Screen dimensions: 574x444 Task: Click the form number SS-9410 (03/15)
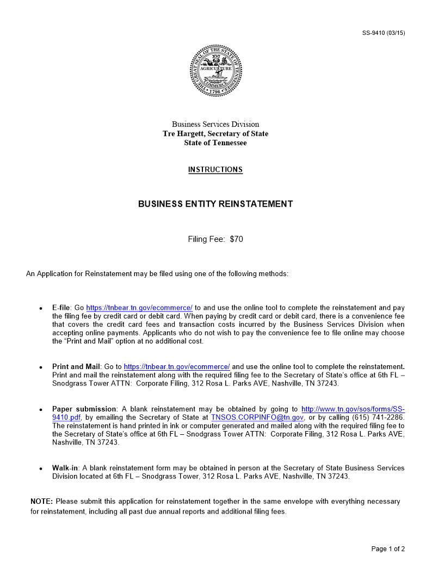pos(384,33)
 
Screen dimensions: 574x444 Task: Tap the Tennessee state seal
pos(216,71)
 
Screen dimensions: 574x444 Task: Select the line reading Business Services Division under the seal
pos(215,124)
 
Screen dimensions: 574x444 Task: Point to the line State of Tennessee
pos(215,143)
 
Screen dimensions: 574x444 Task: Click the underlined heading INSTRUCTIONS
pos(215,170)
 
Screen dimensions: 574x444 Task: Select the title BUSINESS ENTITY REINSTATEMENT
pos(215,204)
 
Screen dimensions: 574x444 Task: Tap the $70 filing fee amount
pos(236,239)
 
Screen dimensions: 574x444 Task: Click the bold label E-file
pos(61,308)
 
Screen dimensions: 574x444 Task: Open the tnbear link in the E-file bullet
pos(139,308)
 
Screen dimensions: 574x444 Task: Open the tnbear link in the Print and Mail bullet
pos(177,366)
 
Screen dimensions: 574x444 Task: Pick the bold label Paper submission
pos(84,409)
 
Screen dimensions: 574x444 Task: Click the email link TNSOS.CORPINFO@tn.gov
pos(257,417)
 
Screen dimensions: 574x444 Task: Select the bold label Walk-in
pos(65,468)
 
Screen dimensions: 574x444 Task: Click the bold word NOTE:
pos(41,501)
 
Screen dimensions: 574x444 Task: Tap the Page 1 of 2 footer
pos(388,549)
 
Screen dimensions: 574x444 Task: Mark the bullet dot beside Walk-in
pos(41,469)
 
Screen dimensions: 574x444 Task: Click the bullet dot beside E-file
pos(41,308)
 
